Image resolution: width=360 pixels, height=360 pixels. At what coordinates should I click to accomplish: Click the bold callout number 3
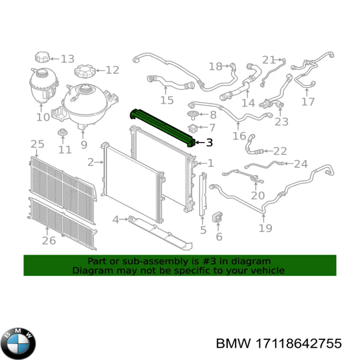[x=209, y=142]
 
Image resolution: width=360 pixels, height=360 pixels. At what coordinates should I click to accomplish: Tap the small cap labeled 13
[x=42, y=57]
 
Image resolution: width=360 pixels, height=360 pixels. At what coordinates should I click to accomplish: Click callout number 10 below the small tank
[x=43, y=117]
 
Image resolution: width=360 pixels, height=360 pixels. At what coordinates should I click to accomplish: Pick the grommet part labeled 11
[x=62, y=132]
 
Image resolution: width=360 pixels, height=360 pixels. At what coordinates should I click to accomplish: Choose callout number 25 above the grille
[x=37, y=144]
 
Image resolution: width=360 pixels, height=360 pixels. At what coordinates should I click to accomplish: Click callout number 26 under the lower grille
[x=49, y=240]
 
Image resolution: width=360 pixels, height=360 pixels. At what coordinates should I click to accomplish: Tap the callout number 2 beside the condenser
[x=90, y=162]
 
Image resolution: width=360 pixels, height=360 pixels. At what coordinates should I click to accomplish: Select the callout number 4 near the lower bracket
[x=115, y=219]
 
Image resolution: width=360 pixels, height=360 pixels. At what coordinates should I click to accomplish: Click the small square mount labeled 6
[x=217, y=217]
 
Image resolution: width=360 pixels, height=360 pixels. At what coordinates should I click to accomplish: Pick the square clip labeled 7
[x=192, y=128]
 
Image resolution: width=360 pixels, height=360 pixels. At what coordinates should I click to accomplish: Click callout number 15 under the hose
[x=167, y=100]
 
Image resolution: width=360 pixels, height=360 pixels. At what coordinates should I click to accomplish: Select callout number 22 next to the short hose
[x=280, y=151]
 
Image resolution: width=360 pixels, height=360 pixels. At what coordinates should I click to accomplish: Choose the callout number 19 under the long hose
[x=265, y=228]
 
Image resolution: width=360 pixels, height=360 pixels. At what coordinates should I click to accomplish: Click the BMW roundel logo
[x=18, y=343]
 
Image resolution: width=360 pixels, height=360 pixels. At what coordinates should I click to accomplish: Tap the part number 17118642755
[x=298, y=343]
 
